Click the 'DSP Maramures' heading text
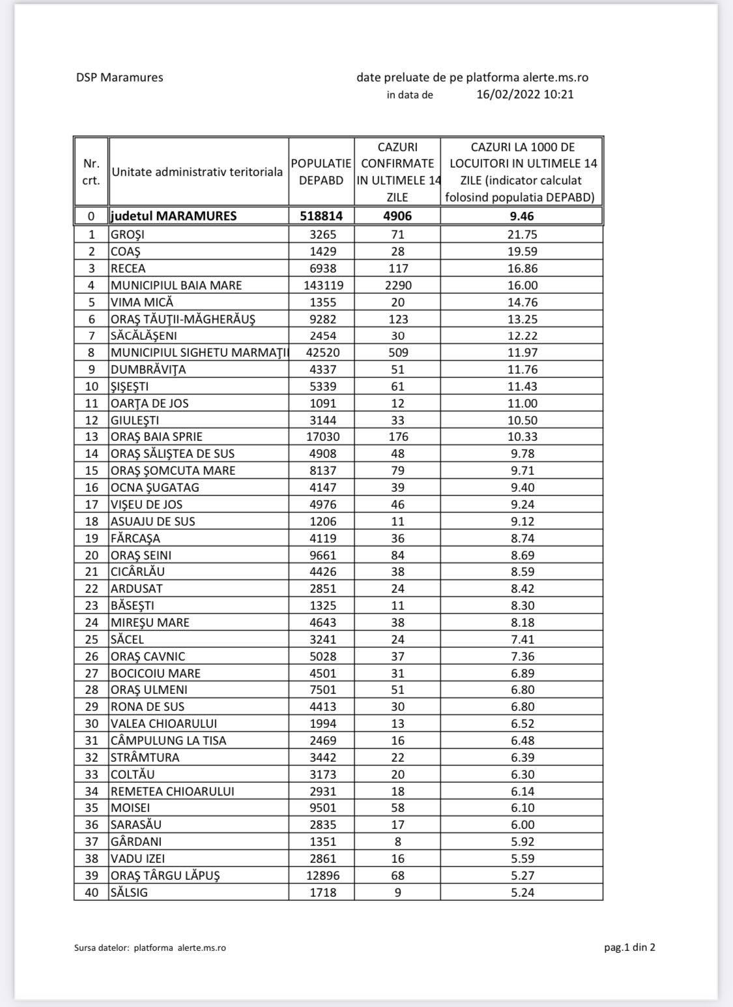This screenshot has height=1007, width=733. pos(119,78)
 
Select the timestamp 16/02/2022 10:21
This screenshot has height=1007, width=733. pos(525,94)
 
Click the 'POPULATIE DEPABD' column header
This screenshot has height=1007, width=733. pos(321,172)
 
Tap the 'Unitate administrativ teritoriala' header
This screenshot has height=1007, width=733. pos(197,172)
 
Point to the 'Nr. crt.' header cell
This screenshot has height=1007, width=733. pos(91,172)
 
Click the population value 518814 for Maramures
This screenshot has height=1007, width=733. pos(321,216)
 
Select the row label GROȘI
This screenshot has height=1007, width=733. pos(128,235)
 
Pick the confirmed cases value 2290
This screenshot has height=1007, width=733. pos(397,285)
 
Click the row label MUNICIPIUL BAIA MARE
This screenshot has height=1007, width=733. pos(176,285)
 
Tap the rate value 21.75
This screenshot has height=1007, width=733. pos(522,235)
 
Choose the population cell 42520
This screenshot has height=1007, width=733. pos(321,353)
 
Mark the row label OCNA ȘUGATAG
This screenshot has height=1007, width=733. pos(154,487)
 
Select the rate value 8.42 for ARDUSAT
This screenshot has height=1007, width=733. pos(522,588)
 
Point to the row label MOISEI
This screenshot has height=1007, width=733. pos(130,807)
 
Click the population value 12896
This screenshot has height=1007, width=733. pos(321,875)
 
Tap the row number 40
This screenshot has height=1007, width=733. pos(91,892)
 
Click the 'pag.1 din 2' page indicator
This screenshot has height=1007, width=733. pos(629,947)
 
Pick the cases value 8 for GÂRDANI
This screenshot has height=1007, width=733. pos(397,841)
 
